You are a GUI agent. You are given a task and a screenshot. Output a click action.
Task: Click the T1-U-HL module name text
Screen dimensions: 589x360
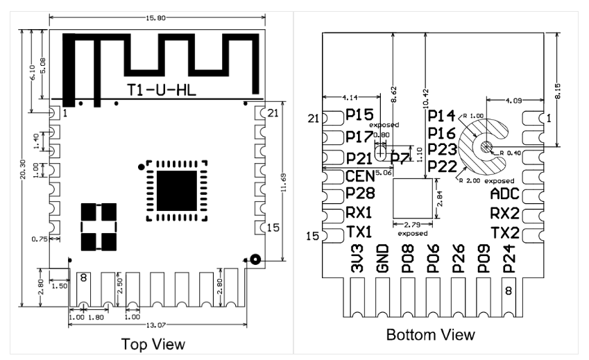click(x=161, y=90)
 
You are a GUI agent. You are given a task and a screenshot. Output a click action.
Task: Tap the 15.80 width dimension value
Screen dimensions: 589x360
click(x=155, y=17)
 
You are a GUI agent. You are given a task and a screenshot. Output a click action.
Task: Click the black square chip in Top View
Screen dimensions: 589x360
click(x=176, y=191)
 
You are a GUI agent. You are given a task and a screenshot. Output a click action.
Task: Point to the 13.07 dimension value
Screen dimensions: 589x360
click(x=155, y=325)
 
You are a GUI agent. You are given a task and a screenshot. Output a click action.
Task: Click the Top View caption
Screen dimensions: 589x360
click(x=153, y=344)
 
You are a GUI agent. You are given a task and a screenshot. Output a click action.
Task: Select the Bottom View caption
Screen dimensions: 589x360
click(x=431, y=334)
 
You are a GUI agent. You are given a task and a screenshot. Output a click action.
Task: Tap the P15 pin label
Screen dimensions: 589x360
click(x=359, y=115)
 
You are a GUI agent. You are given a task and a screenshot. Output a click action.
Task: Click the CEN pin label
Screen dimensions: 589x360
click(x=360, y=175)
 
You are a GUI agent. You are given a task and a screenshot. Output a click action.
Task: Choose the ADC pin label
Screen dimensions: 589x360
click(x=505, y=194)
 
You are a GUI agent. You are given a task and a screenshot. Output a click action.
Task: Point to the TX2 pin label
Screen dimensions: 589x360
click(x=505, y=233)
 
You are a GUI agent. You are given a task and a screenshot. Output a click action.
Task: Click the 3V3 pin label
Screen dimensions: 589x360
click(x=357, y=258)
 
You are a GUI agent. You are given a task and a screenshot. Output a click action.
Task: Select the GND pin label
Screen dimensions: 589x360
click(x=382, y=258)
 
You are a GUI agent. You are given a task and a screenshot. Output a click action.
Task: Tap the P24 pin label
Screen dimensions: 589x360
click(x=509, y=258)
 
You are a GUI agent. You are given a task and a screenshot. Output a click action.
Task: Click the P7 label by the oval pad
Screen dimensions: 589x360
click(x=400, y=159)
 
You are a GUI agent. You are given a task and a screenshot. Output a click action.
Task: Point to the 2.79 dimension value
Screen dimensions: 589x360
click(x=412, y=225)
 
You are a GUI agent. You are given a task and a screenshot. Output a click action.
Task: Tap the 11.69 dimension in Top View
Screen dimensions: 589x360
click(x=284, y=182)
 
